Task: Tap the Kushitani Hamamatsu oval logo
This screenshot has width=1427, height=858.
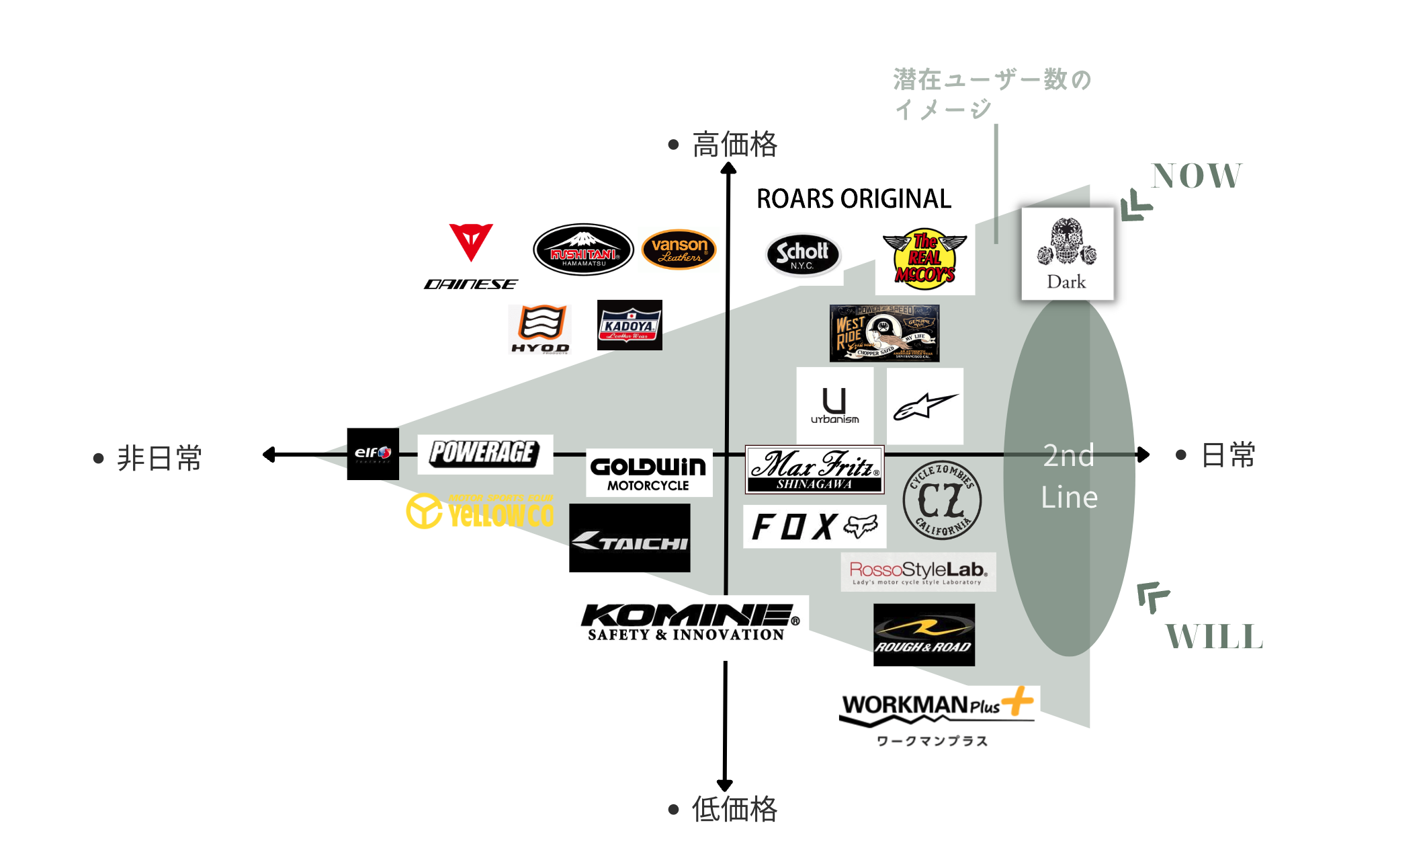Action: tap(583, 249)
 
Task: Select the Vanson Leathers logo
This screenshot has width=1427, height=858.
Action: tap(679, 249)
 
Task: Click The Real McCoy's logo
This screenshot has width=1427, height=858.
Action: tap(924, 260)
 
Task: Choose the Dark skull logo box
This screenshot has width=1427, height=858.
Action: tap(1067, 253)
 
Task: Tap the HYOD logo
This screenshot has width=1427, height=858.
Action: tap(540, 328)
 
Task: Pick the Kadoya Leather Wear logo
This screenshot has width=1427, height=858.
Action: tap(630, 325)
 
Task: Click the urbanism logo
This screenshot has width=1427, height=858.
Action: tap(834, 405)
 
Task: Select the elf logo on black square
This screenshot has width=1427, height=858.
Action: tap(373, 454)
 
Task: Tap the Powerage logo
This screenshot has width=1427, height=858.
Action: tap(484, 454)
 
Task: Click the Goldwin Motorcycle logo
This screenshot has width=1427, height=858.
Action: tap(648, 473)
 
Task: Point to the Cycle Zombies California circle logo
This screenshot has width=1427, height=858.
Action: tap(942, 500)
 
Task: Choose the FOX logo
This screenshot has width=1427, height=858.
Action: tap(814, 526)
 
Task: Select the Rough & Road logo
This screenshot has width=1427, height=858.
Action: tap(924, 635)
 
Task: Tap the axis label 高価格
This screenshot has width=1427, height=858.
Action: tap(734, 145)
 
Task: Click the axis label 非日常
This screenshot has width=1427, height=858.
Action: tap(159, 458)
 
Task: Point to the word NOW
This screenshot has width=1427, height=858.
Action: tap(1197, 176)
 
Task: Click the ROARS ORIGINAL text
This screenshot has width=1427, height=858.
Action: tap(854, 199)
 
